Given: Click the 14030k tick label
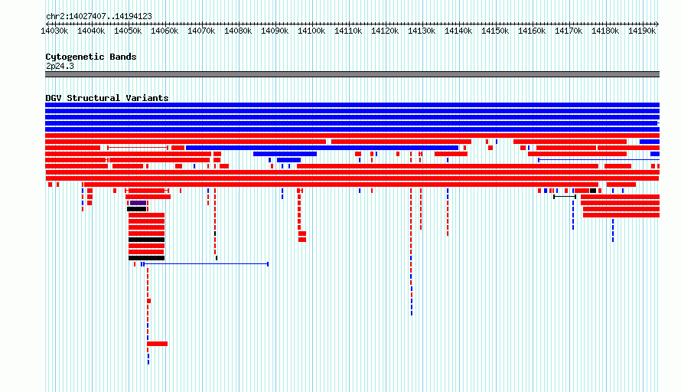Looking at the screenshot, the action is [x=54, y=31].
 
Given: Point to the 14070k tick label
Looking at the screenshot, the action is [x=201, y=31].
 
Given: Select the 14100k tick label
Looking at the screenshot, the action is [x=311, y=31].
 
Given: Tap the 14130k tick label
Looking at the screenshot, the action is [x=422, y=31].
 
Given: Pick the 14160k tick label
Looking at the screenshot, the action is [x=532, y=31].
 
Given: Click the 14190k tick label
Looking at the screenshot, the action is [x=642, y=31].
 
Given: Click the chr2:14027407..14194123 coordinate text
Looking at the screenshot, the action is [x=99, y=17].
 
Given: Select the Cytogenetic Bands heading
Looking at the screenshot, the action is [x=91, y=57].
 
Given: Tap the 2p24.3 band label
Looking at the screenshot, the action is [x=60, y=66].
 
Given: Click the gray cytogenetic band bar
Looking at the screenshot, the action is [x=352, y=74].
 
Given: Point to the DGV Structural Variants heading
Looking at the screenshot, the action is [x=107, y=98].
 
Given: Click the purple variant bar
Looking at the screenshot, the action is [x=138, y=203].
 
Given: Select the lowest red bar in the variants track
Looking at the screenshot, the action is [x=157, y=344].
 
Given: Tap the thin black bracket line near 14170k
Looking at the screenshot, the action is [x=565, y=197].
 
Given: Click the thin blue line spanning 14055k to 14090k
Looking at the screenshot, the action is [x=206, y=264].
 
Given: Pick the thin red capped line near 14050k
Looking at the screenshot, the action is [x=138, y=148].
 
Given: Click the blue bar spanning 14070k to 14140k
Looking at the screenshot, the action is [x=322, y=148].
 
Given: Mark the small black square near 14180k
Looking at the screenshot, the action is [x=593, y=191].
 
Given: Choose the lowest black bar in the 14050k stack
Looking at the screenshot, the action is [x=146, y=258].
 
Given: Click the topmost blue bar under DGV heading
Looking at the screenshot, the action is [x=352, y=105].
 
